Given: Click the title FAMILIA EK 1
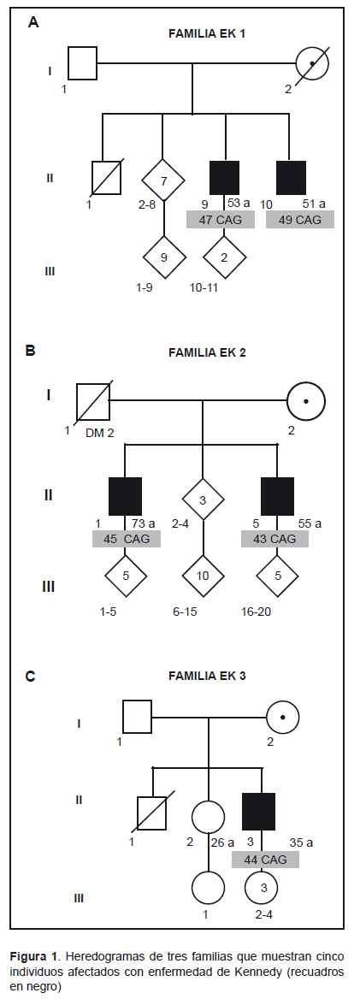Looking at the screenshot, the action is pos(206,34).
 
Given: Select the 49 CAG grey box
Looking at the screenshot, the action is pos(300,219).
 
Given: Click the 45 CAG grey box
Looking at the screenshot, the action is pos(127,538).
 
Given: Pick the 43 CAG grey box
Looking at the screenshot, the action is pos(274,538).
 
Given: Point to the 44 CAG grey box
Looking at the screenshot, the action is pos(265,859).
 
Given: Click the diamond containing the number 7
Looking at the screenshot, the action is pos(163,180).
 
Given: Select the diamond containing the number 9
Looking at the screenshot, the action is pos(164,257).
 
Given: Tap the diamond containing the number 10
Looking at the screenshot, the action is pos(203,576).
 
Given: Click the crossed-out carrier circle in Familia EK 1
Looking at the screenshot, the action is pos(313,63).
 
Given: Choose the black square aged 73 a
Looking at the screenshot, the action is pos(125,495).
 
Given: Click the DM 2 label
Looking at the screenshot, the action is pos(99,433).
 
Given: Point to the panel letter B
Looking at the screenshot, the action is pos(30,351).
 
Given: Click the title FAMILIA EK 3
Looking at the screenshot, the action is pos(206,675).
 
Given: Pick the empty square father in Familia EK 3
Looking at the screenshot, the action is pos(137,716).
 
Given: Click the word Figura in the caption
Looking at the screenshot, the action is pos(27,955).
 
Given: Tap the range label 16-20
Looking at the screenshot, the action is pos(256,612).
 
